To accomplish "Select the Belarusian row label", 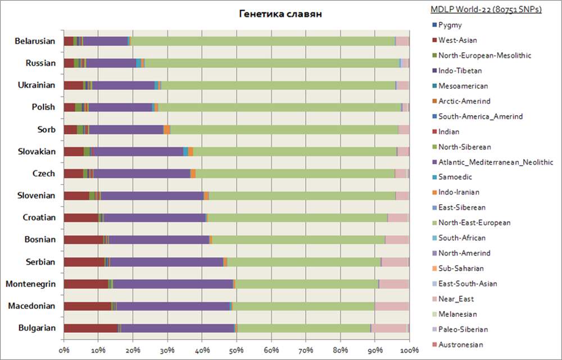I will click(x=35, y=41).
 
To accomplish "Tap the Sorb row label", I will click(x=46, y=129).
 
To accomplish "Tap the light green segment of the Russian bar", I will click(x=270, y=63).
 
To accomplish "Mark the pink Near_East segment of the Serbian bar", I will click(x=395, y=262).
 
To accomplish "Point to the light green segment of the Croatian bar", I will click(x=298, y=217).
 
